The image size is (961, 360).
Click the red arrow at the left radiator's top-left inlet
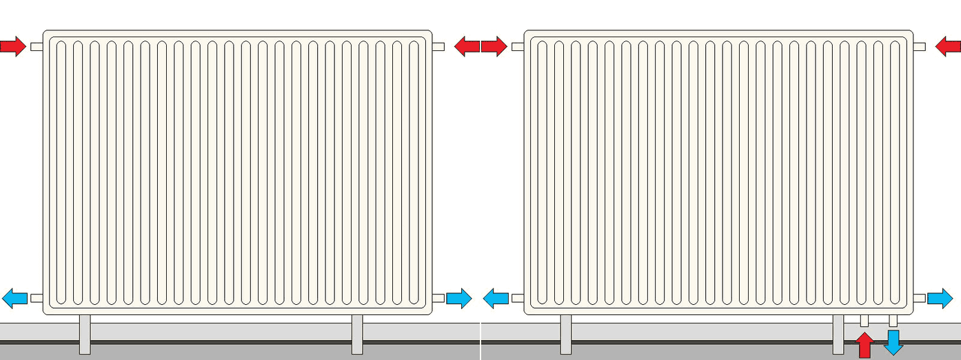[12, 47]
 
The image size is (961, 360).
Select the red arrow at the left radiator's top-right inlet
[467, 47]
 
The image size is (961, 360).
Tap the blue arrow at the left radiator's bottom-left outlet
[14, 299]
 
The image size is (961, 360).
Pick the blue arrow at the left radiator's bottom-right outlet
[459, 299]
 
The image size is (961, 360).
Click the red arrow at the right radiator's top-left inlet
[494, 47]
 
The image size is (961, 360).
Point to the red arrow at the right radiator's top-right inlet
[948, 47]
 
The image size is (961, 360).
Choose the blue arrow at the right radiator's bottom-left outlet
[496, 299]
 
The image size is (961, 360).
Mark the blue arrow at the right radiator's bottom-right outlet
[940, 299]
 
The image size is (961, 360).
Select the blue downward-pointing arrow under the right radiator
[893, 342]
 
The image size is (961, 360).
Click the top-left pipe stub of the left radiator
[37, 47]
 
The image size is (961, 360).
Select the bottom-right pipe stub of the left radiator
[438, 298]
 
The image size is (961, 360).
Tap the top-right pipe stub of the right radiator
[919, 47]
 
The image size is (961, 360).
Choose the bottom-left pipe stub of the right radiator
[518, 298]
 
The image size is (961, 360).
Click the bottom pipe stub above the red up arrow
[864, 321]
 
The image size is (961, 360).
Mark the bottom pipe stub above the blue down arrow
[893, 321]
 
